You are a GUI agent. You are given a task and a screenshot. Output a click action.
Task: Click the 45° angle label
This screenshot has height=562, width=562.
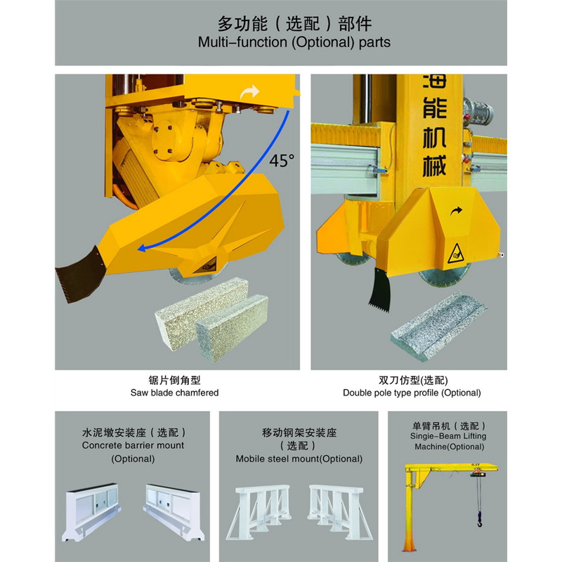pos(282,160)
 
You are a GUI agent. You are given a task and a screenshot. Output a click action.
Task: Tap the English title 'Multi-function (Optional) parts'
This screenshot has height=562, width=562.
pos(294,42)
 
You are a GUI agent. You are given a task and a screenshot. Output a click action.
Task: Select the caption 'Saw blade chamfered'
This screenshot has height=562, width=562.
pos(174,393)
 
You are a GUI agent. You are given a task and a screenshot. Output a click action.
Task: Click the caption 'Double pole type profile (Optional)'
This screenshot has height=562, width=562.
pos(412,393)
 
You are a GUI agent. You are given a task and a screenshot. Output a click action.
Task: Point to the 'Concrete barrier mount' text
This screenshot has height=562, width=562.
pos(133,445)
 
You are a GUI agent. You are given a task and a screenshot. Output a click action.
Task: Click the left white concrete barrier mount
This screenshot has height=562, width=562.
pos(97,512)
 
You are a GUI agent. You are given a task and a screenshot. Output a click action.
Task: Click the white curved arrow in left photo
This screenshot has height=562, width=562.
pos(249,91)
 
